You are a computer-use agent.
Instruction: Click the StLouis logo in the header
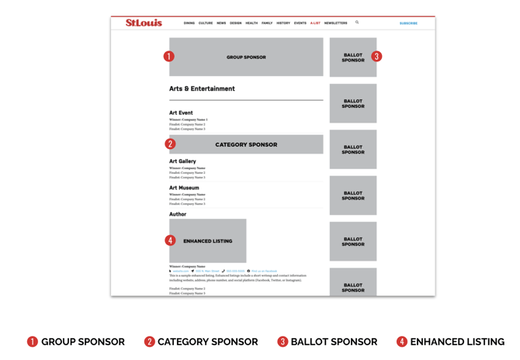point(144,23)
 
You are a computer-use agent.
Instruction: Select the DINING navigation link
point(189,23)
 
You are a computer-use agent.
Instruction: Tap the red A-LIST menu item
point(315,23)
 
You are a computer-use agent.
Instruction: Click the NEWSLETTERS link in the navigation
point(336,23)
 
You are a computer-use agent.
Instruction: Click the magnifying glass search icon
point(357,22)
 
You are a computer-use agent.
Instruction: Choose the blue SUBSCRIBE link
point(408,23)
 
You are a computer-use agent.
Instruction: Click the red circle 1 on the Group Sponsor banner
point(169,57)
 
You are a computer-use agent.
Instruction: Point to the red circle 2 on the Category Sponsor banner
point(170,144)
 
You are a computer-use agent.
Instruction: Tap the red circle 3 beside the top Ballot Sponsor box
point(376,57)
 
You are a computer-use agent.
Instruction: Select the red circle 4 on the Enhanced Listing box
point(170,241)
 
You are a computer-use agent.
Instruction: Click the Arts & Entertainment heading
point(202,88)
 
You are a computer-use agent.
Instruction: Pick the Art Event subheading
point(181,112)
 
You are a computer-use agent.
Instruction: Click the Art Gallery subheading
point(182,161)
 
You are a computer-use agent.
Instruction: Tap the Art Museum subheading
point(184,188)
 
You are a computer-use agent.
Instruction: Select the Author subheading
point(178,214)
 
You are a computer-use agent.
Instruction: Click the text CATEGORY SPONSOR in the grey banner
point(246,144)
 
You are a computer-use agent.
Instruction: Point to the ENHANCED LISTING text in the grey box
point(208,241)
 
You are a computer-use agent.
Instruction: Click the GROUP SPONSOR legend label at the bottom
point(82,341)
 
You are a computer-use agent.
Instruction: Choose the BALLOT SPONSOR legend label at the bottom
point(334,341)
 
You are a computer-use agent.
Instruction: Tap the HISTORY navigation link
point(283,23)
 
